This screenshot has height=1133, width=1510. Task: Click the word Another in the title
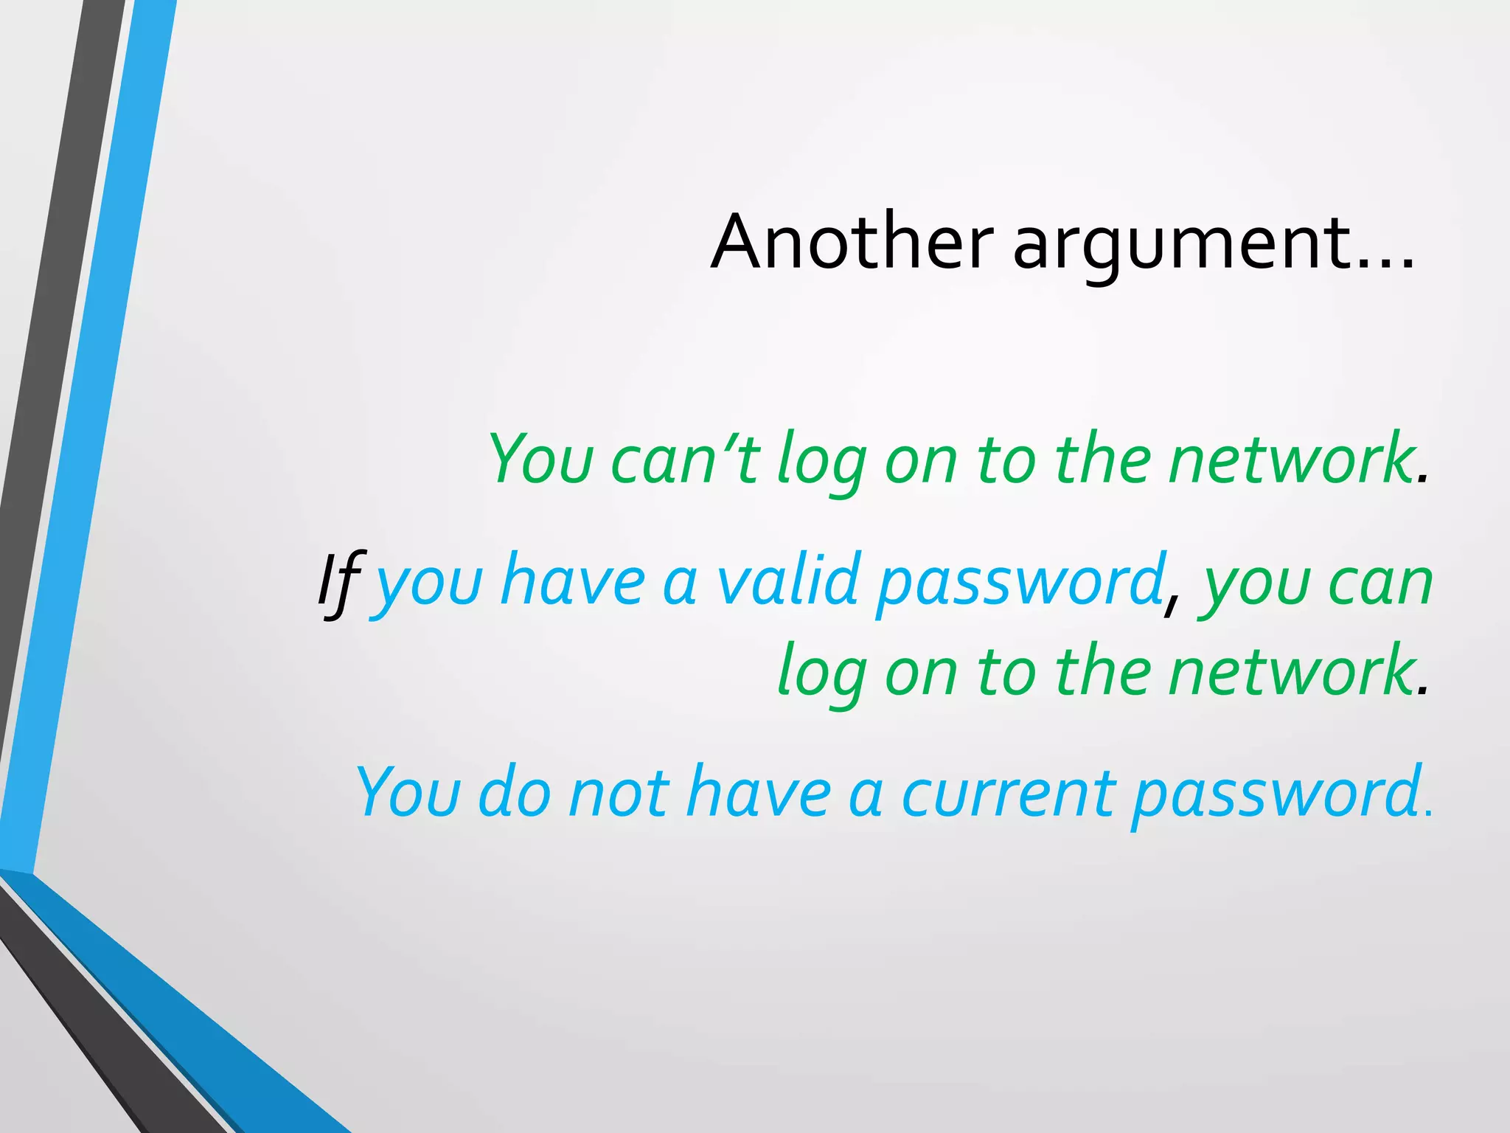(852, 242)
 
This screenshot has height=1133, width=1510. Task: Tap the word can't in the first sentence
(685, 460)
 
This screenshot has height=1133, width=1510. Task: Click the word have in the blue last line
(759, 794)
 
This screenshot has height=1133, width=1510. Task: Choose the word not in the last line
(619, 794)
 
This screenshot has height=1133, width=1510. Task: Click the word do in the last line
(514, 794)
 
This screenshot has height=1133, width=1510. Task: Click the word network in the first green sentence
(1290, 460)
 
